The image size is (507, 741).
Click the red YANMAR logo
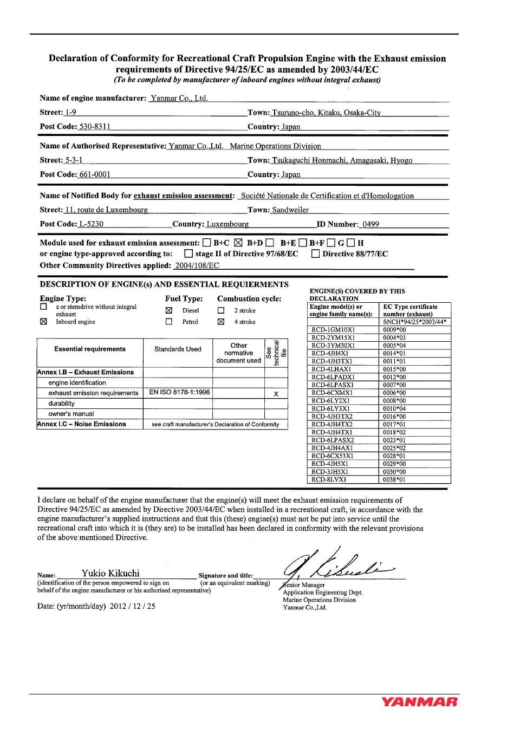coord(419,702)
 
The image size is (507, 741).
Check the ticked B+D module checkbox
coord(238,243)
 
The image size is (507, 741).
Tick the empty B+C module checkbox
coord(206,243)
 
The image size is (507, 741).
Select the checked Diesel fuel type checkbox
coord(169,310)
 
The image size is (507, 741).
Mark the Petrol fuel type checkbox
coord(169,322)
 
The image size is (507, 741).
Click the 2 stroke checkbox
coord(221,310)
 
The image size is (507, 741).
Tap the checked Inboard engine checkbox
coord(44,322)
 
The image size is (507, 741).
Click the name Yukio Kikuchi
coord(110,573)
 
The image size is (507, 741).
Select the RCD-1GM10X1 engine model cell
coord(334,330)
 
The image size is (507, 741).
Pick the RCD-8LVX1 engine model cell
coord(329,479)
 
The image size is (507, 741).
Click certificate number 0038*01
coord(394,479)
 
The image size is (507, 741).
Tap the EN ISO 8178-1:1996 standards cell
coord(179,392)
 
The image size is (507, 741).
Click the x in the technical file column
coord(276,394)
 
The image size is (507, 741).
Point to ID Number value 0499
coord(370,224)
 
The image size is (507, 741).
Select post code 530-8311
coord(95,127)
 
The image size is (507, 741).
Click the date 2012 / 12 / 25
coord(132,606)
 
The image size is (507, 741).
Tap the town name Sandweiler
coord(290,210)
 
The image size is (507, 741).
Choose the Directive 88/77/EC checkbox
coord(315,254)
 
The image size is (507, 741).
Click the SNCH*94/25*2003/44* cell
coord(415,322)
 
